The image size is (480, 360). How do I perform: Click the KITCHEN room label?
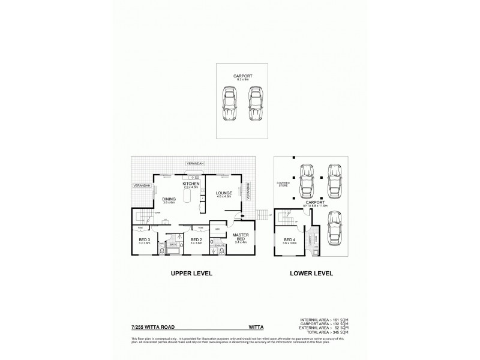(x=190, y=184)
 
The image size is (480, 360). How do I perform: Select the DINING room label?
(x=168, y=200)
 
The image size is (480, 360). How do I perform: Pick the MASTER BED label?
(x=241, y=236)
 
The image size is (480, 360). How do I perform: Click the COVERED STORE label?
(x=283, y=184)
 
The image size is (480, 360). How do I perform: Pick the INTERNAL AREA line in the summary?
(x=328, y=319)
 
